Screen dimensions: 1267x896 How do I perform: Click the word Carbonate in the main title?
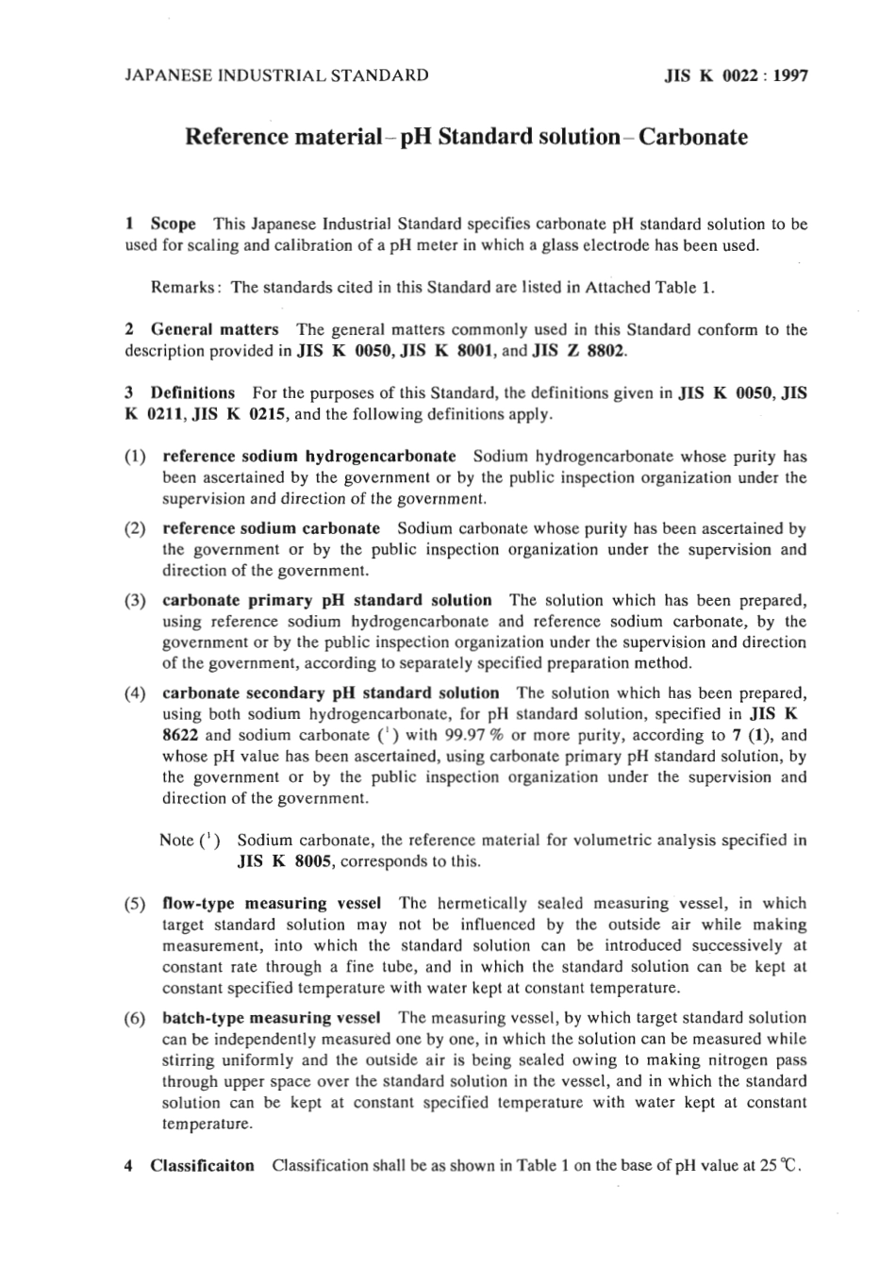[693, 137]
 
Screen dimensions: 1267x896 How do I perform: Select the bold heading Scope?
[174, 225]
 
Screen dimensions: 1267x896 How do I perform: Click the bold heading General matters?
[215, 330]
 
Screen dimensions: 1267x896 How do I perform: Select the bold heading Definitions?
[192, 393]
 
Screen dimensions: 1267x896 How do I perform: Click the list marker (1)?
[135, 458]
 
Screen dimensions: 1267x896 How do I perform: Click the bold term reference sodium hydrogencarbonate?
[309, 457]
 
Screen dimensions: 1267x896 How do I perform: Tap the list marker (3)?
[135, 601]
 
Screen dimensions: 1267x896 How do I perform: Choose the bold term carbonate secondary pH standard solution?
[331, 693]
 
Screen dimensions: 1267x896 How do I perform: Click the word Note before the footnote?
[176, 841]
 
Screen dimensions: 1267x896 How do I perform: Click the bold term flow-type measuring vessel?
[272, 904]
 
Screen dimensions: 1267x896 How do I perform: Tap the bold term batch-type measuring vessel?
[272, 1019]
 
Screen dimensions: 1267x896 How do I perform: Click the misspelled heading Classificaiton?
[202, 1166]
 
